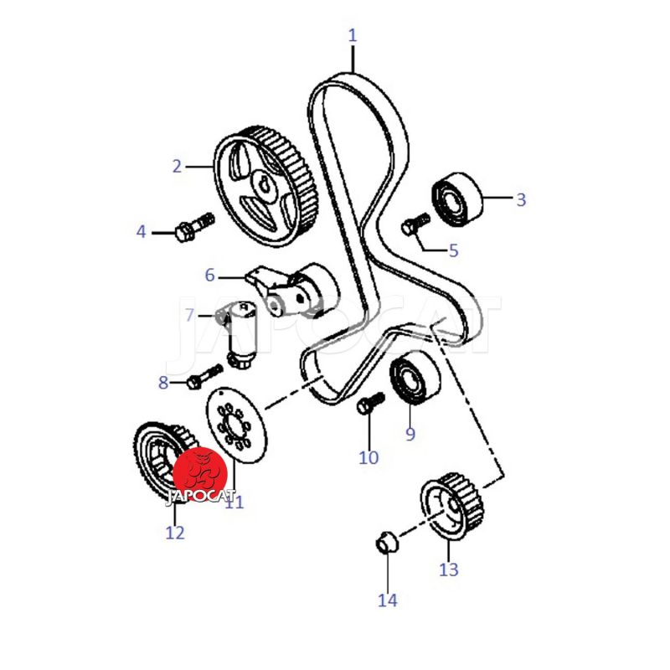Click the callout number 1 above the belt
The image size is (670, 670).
pyautogui.click(x=353, y=36)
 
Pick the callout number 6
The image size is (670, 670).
pyautogui.click(x=210, y=275)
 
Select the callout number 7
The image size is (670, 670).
pyautogui.click(x=190, y=316)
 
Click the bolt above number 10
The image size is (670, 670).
pyautogui.click(x=368, y=404)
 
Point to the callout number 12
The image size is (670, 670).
pyautogui.click(x=175, y=532)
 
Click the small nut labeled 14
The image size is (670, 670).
pyautogui.click(x=385, y=543)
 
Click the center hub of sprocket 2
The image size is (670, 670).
pyautogui.click(x=265, y=186)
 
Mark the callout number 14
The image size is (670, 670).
pyautogui.click(x=387, y=600)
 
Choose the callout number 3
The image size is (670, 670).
pyautogui.click(x=521, y=199)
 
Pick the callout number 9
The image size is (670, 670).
pyautogui.click(x=410, y=434)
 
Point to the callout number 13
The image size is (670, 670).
pyautogui.click(x=449, y=569)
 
